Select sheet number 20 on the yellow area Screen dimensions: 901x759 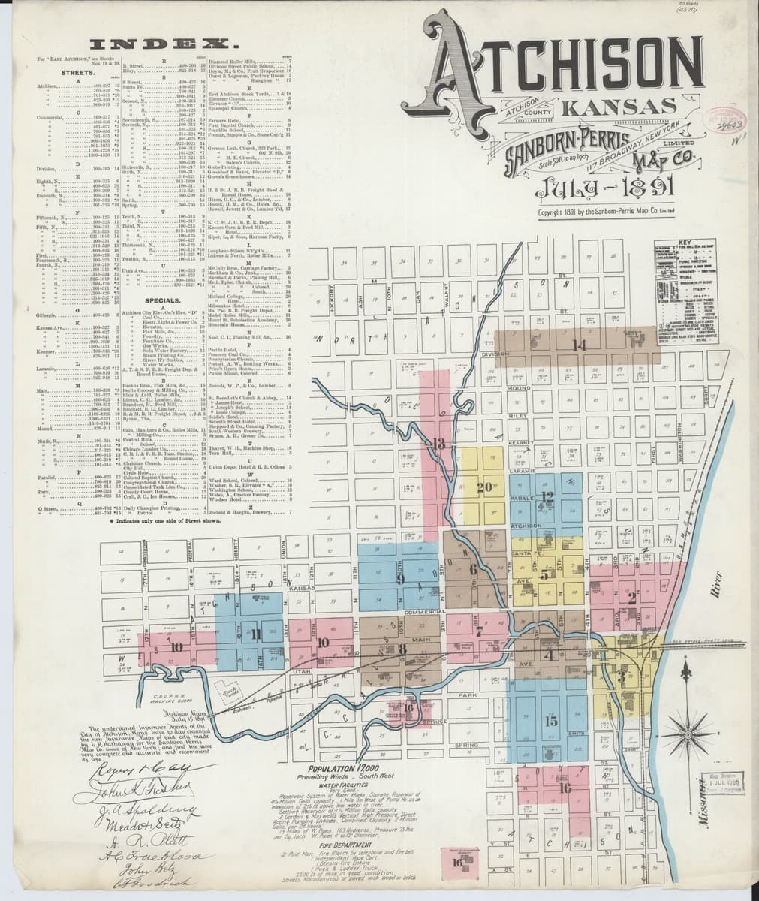coord(483,487)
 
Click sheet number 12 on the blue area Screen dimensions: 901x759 coord(547,496)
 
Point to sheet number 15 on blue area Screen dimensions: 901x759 coord(552,722)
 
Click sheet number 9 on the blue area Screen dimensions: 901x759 coord(400,580)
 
